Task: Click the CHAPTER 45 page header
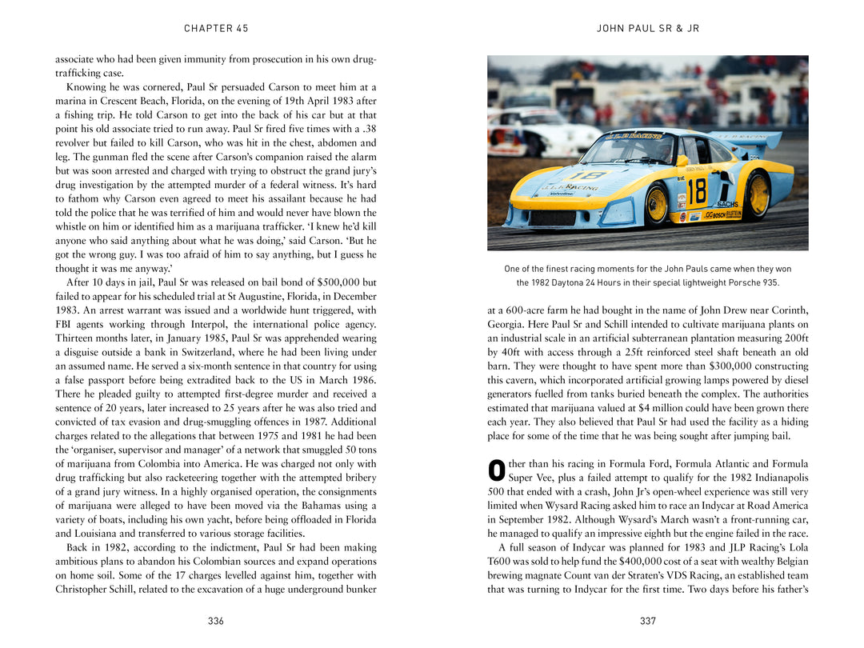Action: pos(216,29)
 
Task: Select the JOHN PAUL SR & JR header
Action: pos(648,29)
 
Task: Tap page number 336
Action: pos(215,622)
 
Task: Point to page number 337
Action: pos(648,622)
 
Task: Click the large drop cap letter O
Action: pos(496,470)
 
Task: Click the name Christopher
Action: pos(83,590)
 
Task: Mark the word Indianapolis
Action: pos(776,478)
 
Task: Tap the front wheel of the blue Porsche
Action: pos(656,206)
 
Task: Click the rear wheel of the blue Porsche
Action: pos(755,195)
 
